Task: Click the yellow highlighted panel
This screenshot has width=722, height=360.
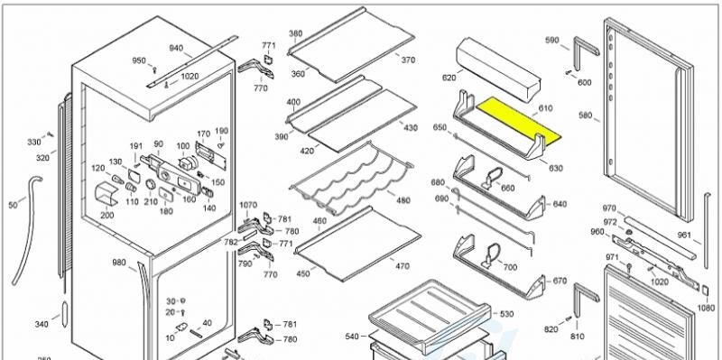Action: (x=518, y=119)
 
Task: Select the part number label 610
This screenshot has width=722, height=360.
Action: (x=546, y=108)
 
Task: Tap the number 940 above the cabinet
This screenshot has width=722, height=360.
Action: (x=176, y=49)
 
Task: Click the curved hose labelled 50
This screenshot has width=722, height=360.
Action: (x=27, y=230)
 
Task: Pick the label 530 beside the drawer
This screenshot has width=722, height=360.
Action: (x=506, y=314)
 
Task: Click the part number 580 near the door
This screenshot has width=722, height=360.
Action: (x=585, y=115)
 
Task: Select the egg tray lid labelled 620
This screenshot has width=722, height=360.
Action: (x=499, y=70)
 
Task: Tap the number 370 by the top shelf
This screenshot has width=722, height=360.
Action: (x=408, y=60)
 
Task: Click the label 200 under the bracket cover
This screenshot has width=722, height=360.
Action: (x=106, y=215)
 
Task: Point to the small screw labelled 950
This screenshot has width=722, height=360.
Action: (x=155, y=70)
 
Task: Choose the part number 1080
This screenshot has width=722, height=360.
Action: (x=706, y=308)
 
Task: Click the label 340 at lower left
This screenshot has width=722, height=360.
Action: (x=41, y=325)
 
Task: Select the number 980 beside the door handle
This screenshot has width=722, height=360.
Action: (x=119, y=263)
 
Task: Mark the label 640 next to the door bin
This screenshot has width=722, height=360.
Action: (x=560, y=204)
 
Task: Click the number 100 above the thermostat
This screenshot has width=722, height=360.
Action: (x=183, y=146)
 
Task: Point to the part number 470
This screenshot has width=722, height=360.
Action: (x=402, y=266)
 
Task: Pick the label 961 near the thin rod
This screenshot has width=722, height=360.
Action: (x=684, y=235)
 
